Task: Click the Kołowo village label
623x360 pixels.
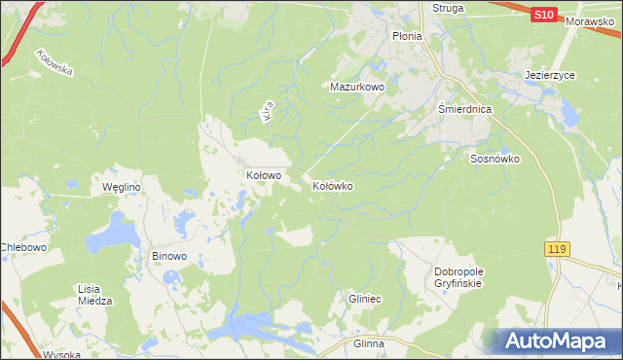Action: pyautogui.click(x=263, y=176)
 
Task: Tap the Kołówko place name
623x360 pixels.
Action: pyautogui.click(x=332, y=185)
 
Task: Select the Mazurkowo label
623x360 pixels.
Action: pyautogui.click(x=357, y=87)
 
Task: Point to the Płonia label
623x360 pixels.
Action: pyautogui.click(x=406, y=36)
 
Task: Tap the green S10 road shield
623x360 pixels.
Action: pyautogui.click(x=545, y=15)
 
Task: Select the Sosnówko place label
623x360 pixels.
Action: pyautogui.click(x=495, y=159)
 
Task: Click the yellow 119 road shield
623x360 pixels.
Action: pyautogui.click(x=556, y=250)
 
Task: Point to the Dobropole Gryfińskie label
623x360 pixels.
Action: pyautogui.click(x=458, y=277)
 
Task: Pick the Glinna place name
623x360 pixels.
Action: pyautogui.click(x=369, y=344)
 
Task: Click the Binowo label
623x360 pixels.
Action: pyautogui.click(x=168, y=257)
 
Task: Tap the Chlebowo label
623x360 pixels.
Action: pyautogui.click(x=24, y=248)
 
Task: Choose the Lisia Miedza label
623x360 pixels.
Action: pyautogui.click(x=95, y=295)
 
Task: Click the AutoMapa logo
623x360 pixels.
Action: pyautogui.click(x=559, y=341)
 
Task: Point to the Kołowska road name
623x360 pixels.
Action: pyautogui.click(x=55, y=70)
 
